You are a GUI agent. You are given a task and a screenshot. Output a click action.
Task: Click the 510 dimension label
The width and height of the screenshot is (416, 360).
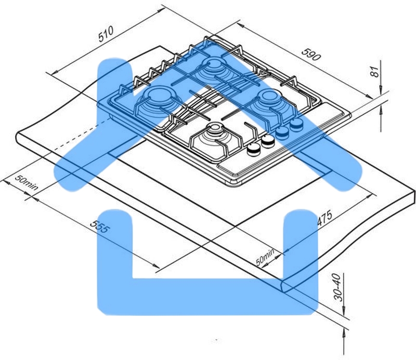pyautogui.click(x=106, y=34)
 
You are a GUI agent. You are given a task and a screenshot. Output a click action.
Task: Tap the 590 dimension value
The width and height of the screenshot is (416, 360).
pyautogui.click(x=311, y=54)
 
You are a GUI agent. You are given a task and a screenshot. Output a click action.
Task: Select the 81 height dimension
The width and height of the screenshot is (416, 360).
pyautogui.click(x=374, y=71)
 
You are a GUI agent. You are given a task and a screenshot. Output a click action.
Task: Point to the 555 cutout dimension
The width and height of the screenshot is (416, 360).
pyautogui.click(x=99, y=226)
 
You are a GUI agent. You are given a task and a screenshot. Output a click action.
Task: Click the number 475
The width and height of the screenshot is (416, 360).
pyautogui.click(x=324, y=217)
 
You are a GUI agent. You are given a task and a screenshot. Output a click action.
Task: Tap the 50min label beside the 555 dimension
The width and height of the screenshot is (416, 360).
pyautogui.click(x=27, y=183)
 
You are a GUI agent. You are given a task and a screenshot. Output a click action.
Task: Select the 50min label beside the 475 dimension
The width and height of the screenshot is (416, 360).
pyautogui.click(x=265, y=257)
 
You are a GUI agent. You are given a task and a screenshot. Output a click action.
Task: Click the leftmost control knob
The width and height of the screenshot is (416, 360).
pyautogui.click(x=254, y=150)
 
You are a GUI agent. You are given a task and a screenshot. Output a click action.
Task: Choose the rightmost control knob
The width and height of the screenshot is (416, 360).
pyautogui.click(x=296, y=124)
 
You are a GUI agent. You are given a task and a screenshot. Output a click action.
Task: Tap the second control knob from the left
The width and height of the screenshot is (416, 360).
pyautogui.click(x=268, y=141)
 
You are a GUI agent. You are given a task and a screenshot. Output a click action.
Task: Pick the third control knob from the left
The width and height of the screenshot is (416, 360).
pyautogui.click(x=283, y=132)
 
